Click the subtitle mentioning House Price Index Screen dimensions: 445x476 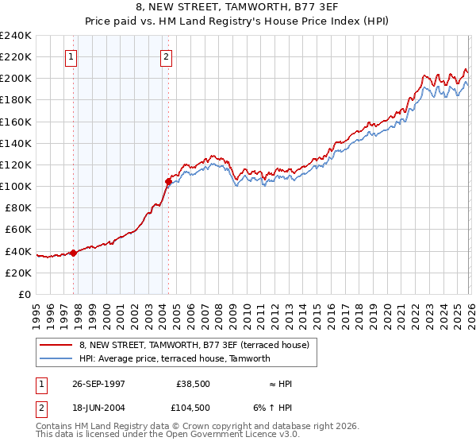point(237,21)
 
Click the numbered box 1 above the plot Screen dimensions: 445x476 point(72,56)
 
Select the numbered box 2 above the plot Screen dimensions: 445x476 point(167,56)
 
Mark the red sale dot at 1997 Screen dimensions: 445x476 point(73,253)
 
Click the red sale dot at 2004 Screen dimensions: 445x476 point(167,181)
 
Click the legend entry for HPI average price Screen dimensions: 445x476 point(175,358)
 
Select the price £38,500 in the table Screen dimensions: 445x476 point(193,384)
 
